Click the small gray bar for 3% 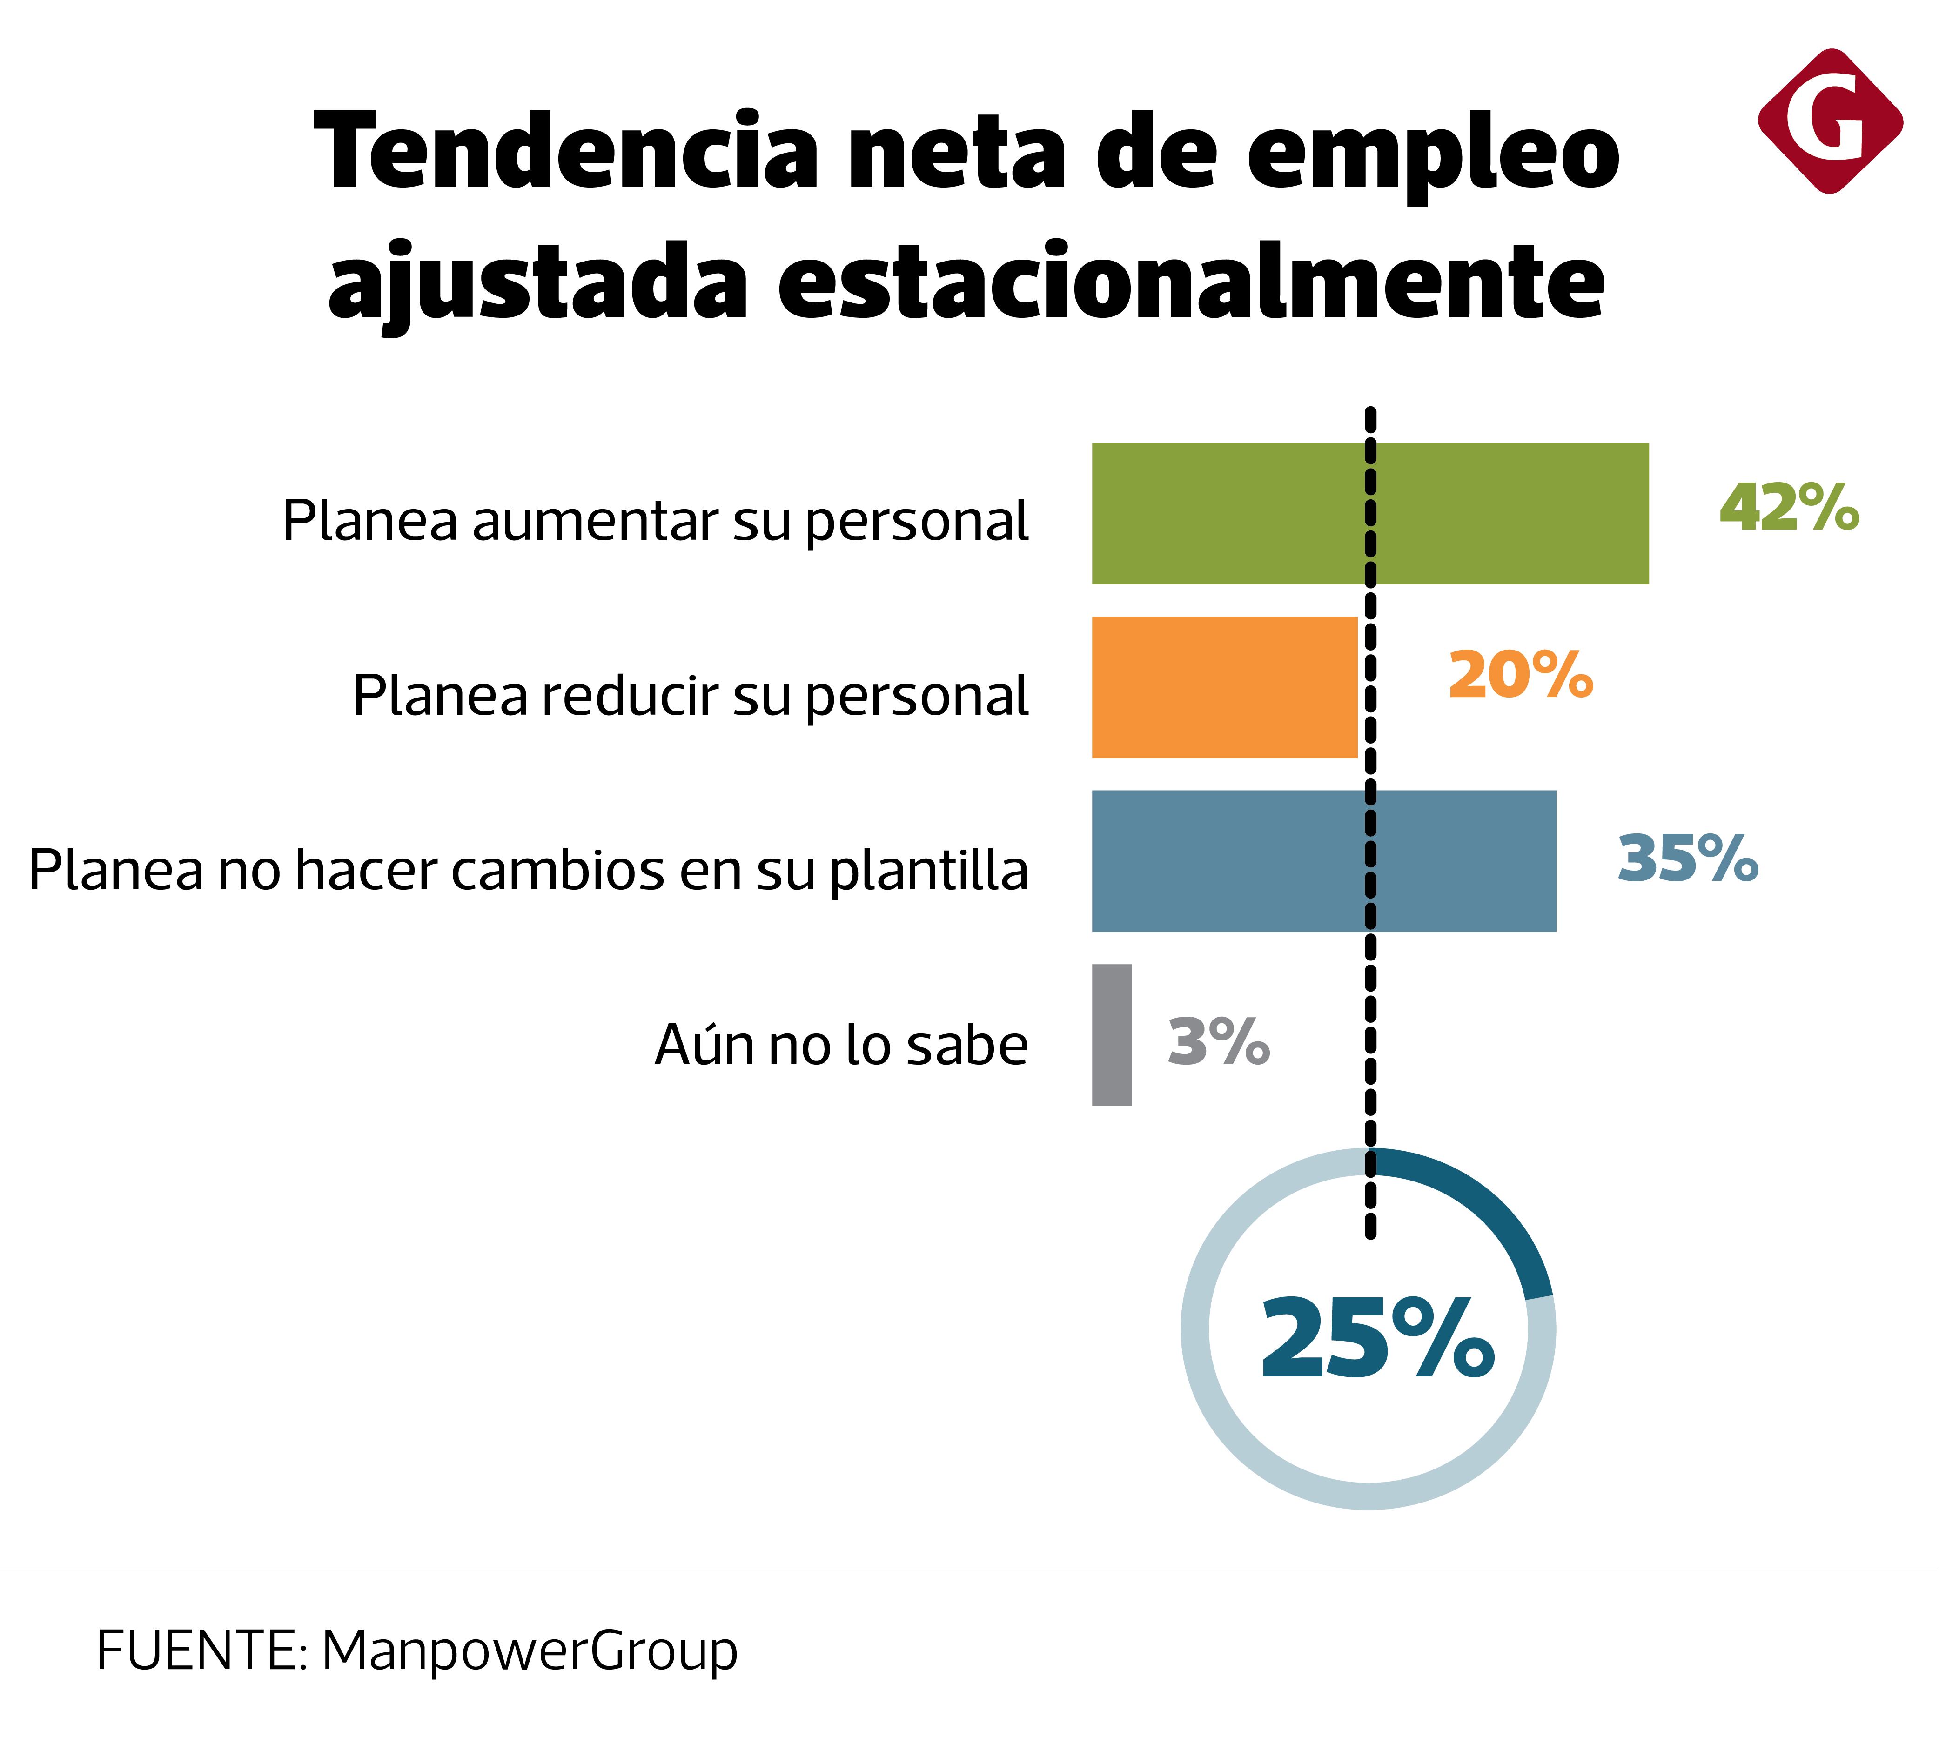pyautogui.click(x=1112, y=1035)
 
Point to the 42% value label pyautogui.click(x=1789, y=508)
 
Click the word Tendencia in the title pyautogui.click(x=568, y=152)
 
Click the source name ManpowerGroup pyautogui.click(x=529, y=1651)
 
